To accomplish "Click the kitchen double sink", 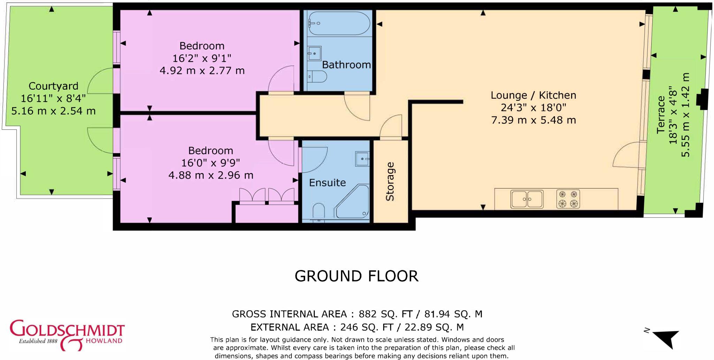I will (527, 199).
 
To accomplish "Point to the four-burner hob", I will (568, 199).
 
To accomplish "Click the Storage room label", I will (390, 181).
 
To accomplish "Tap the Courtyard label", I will (53, 86).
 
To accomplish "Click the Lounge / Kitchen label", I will (533, 95).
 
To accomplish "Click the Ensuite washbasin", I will (362, 159).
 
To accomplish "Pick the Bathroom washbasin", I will (314, 53).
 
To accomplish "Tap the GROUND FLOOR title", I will (356, 276).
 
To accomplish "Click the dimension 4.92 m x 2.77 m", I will (202, 71).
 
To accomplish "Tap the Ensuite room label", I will (327, 183).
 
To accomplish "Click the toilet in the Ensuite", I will (319, 212).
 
